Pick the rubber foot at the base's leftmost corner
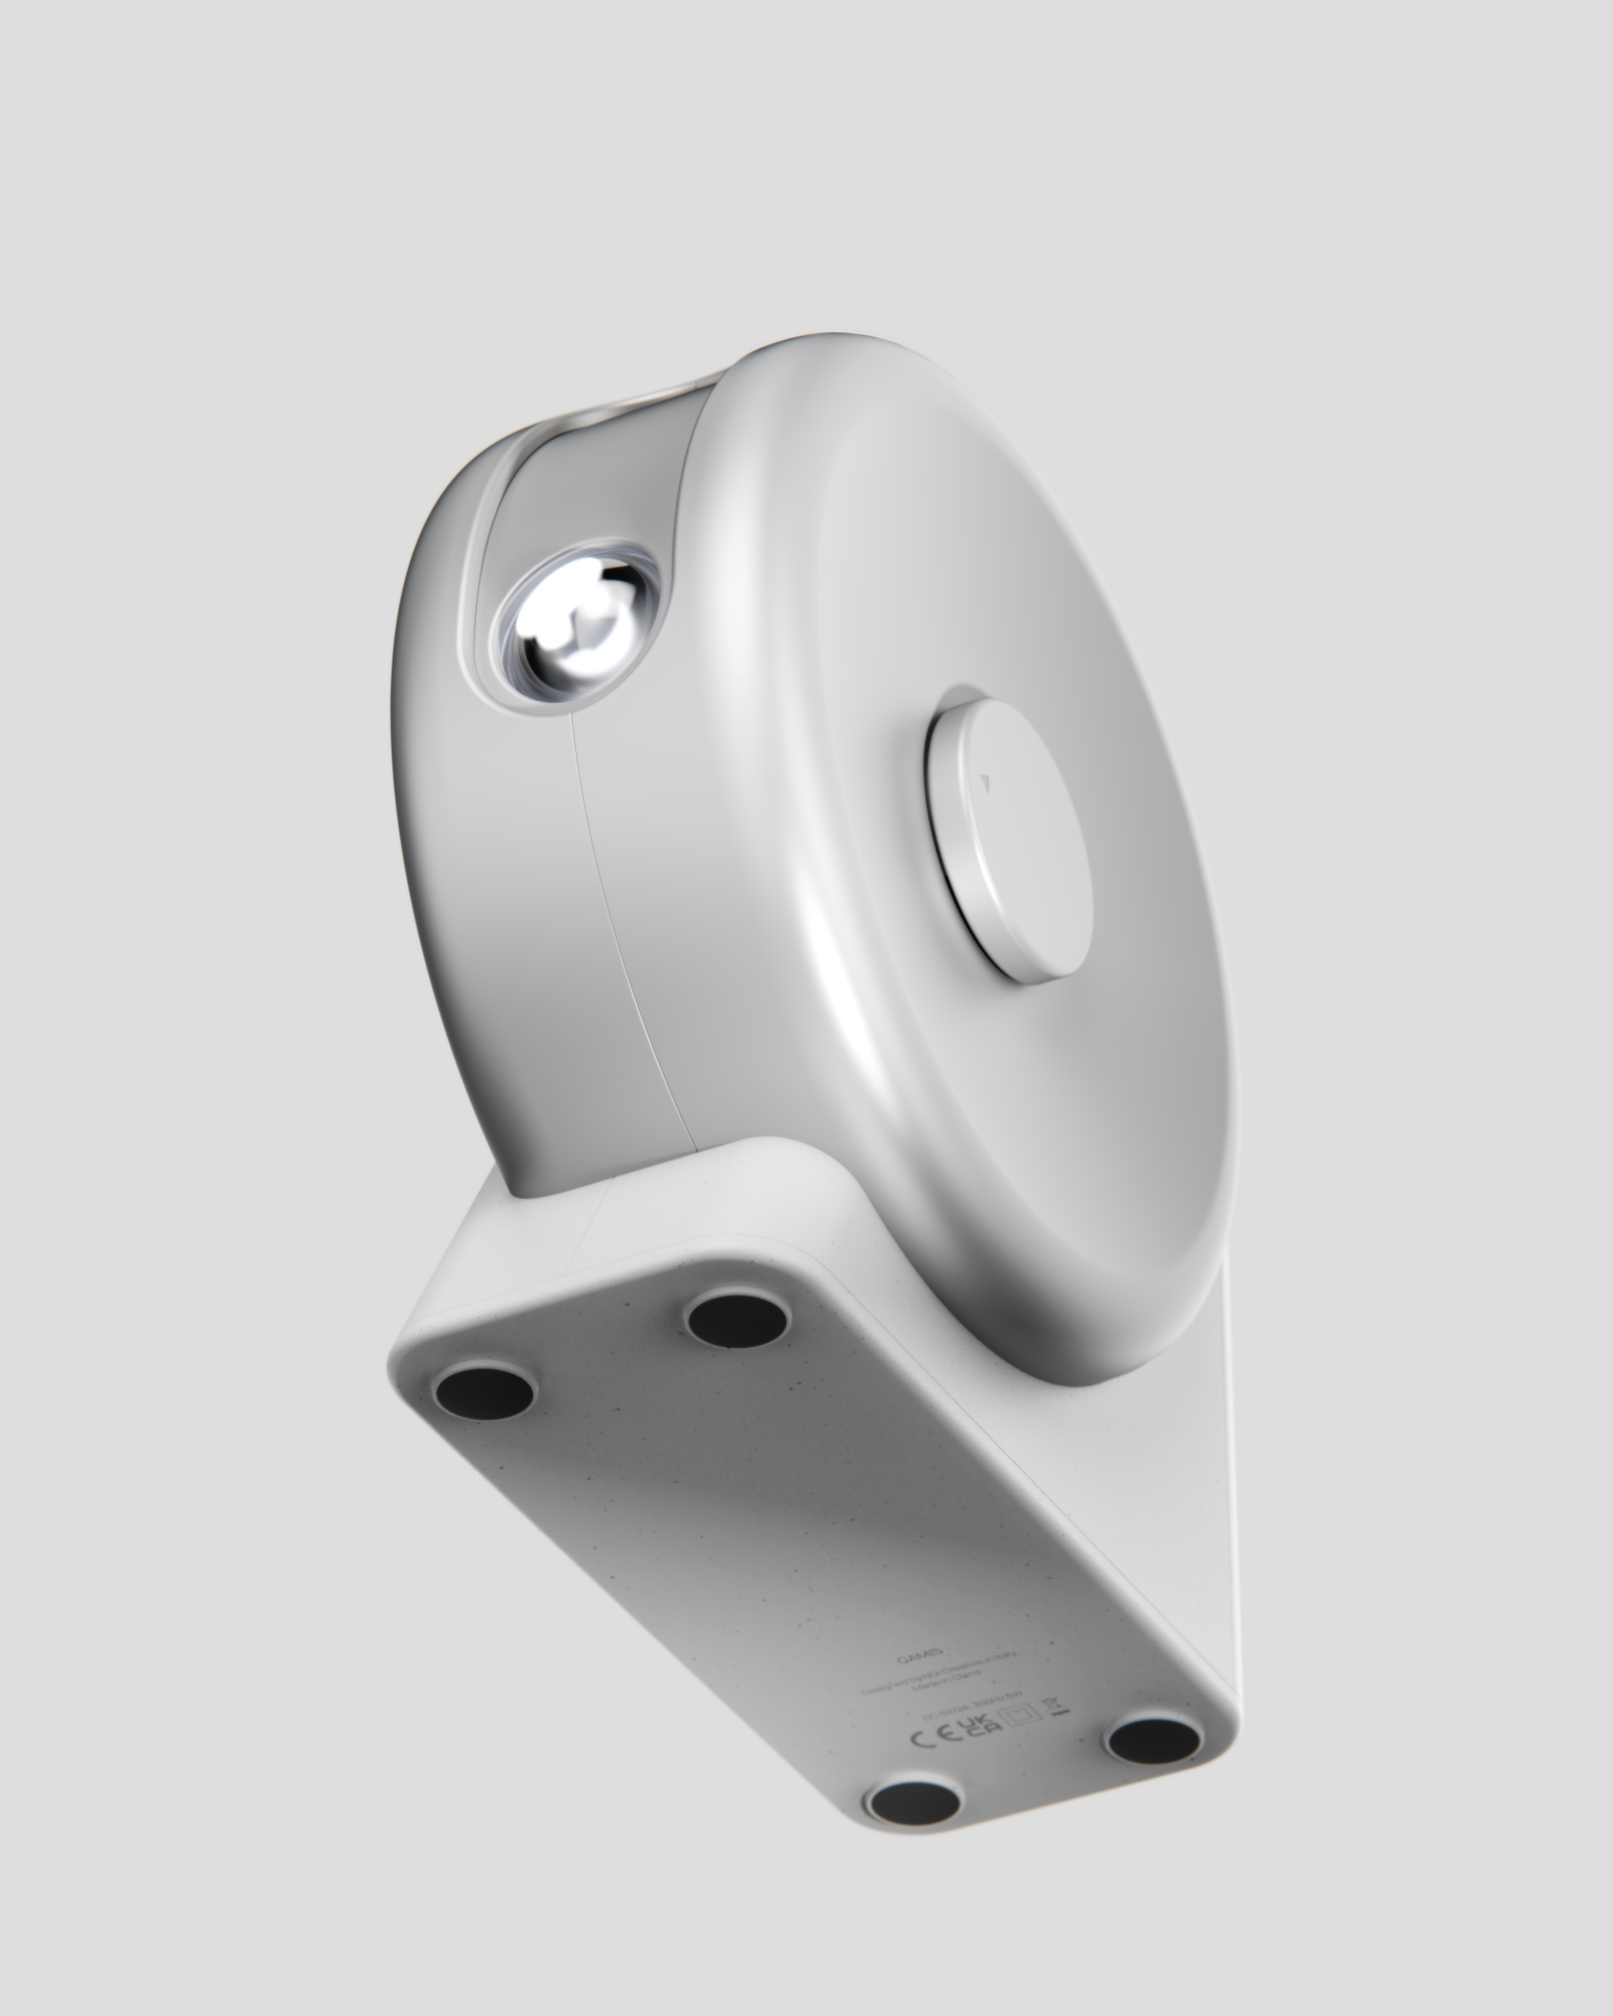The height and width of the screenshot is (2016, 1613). coord(484,1390)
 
